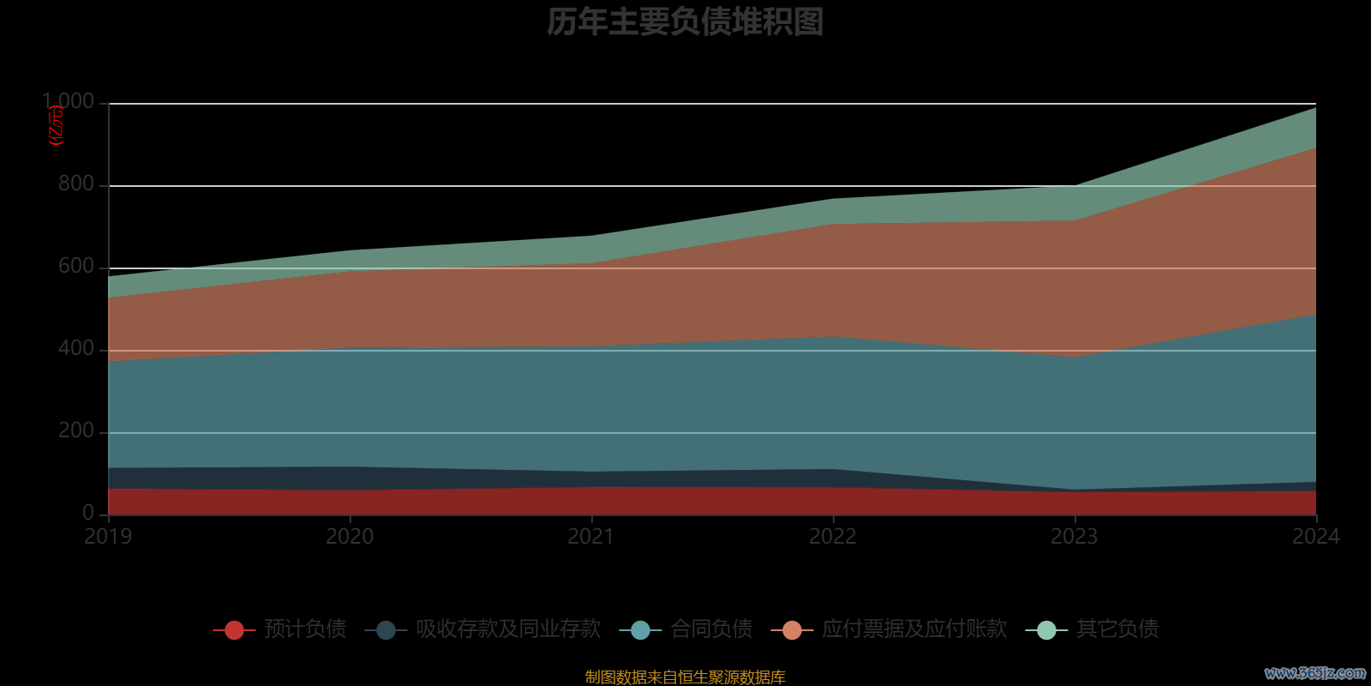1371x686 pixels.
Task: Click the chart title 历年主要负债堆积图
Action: [685, 22]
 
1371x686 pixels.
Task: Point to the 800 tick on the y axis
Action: [76, 184]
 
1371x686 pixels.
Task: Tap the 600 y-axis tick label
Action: [76, 266]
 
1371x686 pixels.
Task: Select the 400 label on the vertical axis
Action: [76, 348]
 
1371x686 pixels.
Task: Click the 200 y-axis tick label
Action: [76, 430]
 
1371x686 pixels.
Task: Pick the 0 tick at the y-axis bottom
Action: [88, 513]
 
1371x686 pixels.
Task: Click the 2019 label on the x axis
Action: [108, 537]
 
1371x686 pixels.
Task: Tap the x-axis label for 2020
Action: [350, 537]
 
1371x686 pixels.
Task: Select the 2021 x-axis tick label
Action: [591, 537]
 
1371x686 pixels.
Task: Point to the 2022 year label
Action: [833, 537]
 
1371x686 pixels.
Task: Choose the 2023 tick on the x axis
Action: [1075, 537]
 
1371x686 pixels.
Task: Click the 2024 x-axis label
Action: [1315, 537]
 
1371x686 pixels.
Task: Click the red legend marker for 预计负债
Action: [234, 630]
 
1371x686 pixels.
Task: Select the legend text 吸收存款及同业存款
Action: [508, 629]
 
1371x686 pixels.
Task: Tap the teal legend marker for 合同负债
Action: [640, 630]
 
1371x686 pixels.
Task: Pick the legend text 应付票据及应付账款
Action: [914, 629]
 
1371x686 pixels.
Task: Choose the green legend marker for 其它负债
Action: [1046, 630]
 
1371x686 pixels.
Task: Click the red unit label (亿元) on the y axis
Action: [57, 125]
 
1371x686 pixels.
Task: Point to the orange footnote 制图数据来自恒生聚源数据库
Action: [685, 677]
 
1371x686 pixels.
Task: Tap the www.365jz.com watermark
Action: [1314, 673]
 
